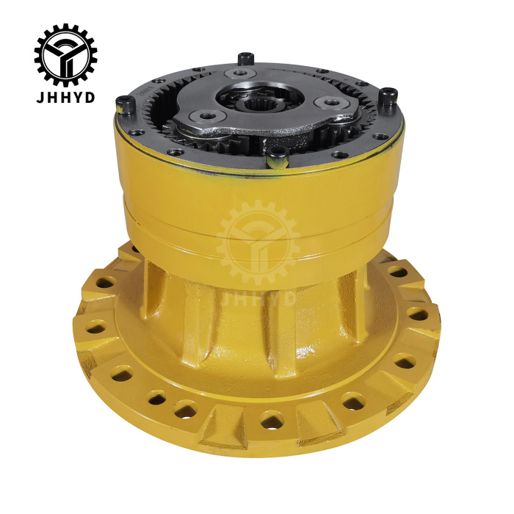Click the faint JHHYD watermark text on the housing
coord(257,297)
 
